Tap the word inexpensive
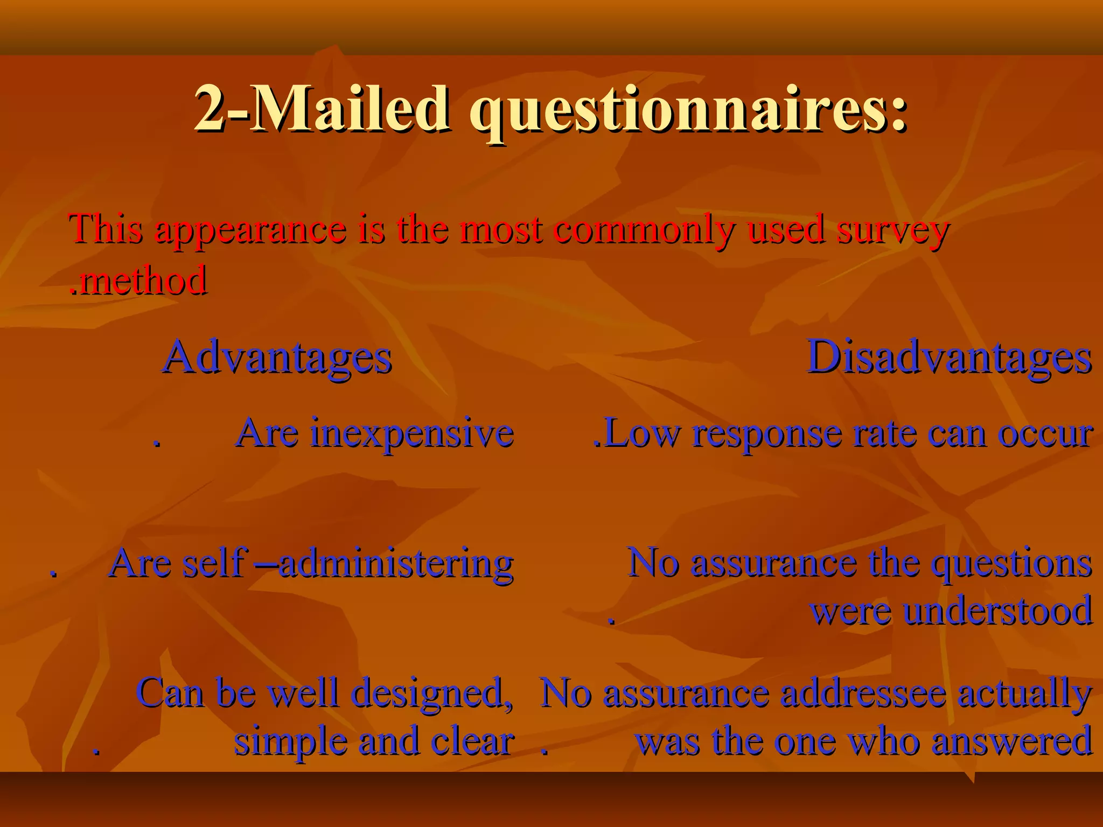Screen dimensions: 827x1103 pos(412,433)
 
